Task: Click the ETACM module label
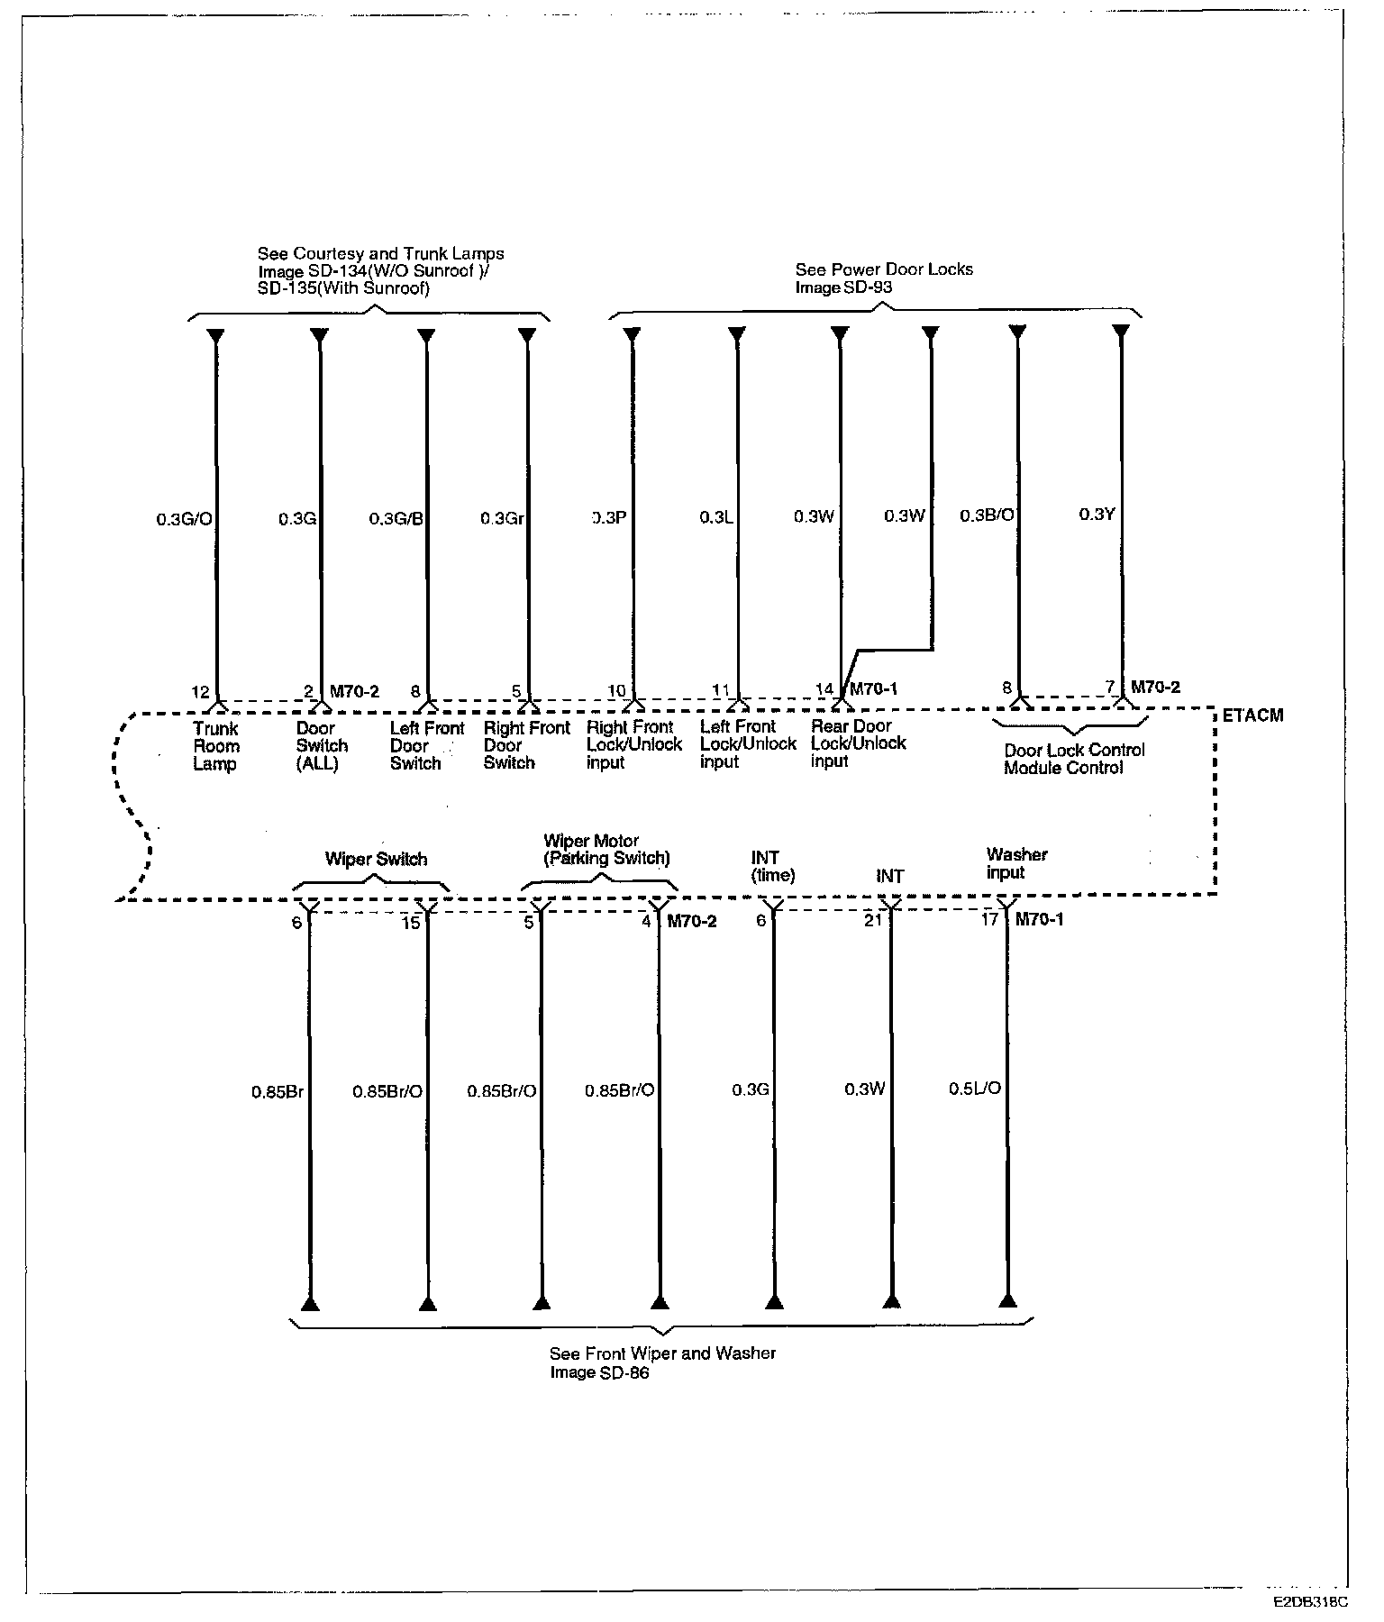[x=1253, y=715]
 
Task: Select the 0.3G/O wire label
[x=184, y=519]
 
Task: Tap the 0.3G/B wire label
[x=396, y=519]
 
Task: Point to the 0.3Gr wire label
[x=502, y=519]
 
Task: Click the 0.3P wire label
[x=609, y=518]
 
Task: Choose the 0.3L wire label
[x=716, y=517]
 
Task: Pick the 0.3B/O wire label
[x=987, y=515]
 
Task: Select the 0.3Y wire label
[x=1097, y=515]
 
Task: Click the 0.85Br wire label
[x=278, y=1092]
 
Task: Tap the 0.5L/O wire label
[x=974, y=1089]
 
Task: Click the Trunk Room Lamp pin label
[x=216, y=746]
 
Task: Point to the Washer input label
[x=1016, y=863]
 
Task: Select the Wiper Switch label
[x=376, y=859]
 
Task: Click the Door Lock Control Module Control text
[x=1074, y=759]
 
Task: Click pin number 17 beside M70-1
[x=989, y=919]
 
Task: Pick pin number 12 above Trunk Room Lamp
[x=200, y=692]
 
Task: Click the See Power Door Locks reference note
[x=883, y=278]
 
